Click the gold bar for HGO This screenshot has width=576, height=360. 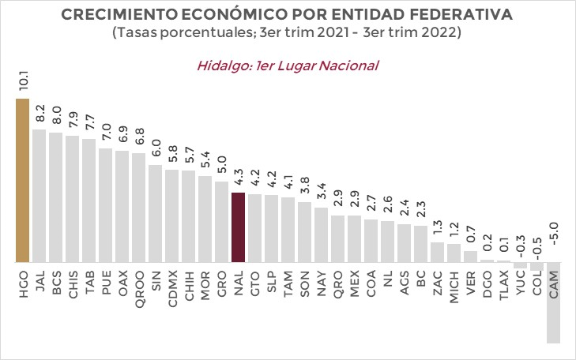coord(22,180)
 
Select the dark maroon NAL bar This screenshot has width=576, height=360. coord(238,227)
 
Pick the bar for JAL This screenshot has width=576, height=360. coord(39,195)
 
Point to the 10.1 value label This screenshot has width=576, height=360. coord(22,81)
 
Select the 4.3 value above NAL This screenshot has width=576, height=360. coord(238,177)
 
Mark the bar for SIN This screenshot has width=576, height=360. coord(155,213)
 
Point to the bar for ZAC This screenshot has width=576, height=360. coord(437,252)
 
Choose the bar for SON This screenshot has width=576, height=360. coord(304,231)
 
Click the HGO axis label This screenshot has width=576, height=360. coord(22,283)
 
